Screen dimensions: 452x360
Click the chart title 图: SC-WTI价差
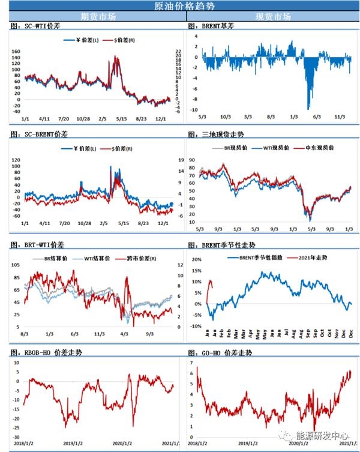[x=36, y=26]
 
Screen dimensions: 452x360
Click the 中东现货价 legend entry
[x=322, y=147]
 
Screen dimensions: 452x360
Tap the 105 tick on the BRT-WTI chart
[x=17, y=265]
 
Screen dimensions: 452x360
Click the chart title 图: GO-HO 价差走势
[x=220, y=353]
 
